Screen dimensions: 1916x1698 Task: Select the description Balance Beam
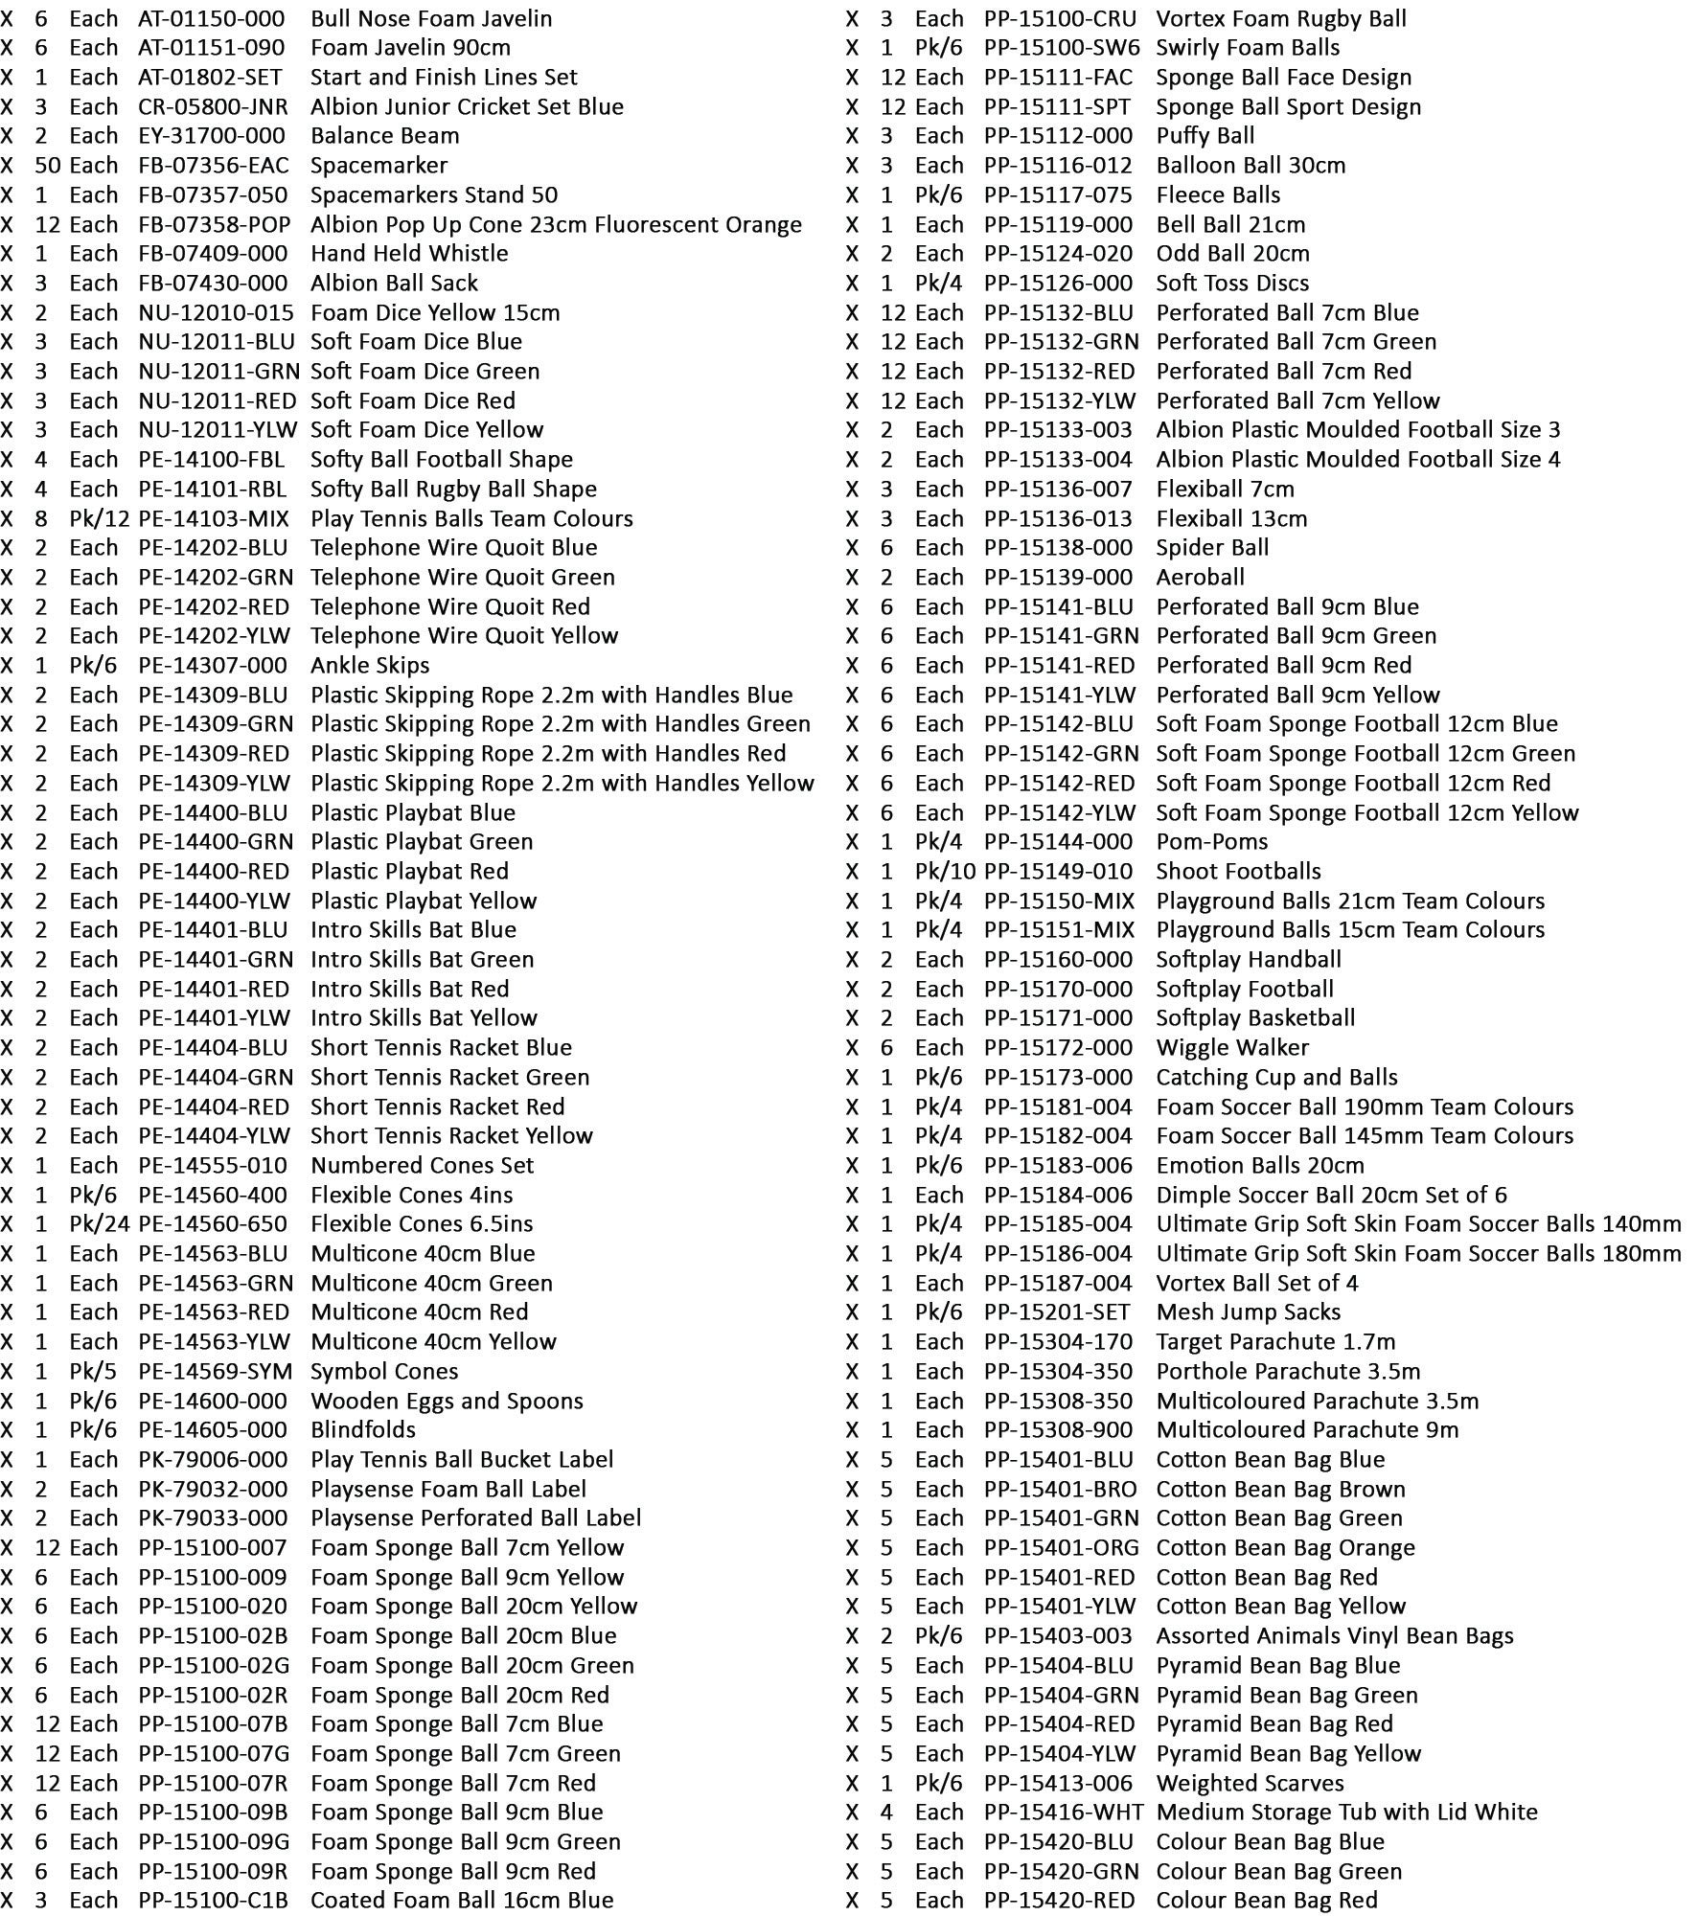coord(384,136)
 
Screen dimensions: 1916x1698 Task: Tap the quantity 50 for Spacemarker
coord(48,166)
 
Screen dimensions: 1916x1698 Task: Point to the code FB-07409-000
coord(213,254)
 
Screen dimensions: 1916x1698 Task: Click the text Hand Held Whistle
coord(409,254)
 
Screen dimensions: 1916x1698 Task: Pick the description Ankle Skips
coord(370,666)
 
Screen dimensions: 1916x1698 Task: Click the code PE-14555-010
coord(213,1166)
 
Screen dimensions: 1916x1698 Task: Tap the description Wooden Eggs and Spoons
coord(447,1402)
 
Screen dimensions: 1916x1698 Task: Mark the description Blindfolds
coord(363,1430)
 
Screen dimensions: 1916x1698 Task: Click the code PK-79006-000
coord(213,1460)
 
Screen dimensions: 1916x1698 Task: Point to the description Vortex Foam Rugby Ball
coord(1281,18)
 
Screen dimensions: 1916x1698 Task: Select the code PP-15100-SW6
coord(1062,48)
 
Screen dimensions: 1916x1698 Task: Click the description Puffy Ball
coord(1205,136)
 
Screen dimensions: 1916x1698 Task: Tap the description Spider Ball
coord(1212,548)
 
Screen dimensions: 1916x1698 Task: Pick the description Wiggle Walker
coord(1232,1048)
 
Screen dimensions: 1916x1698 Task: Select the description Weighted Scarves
coord(1250,1784)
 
